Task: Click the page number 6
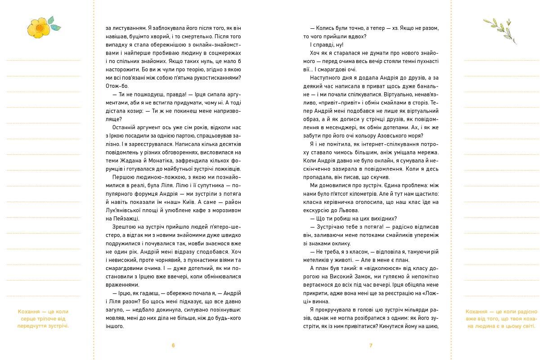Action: point(173,346)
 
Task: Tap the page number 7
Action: point(371,346)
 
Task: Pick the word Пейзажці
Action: point(118,219)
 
